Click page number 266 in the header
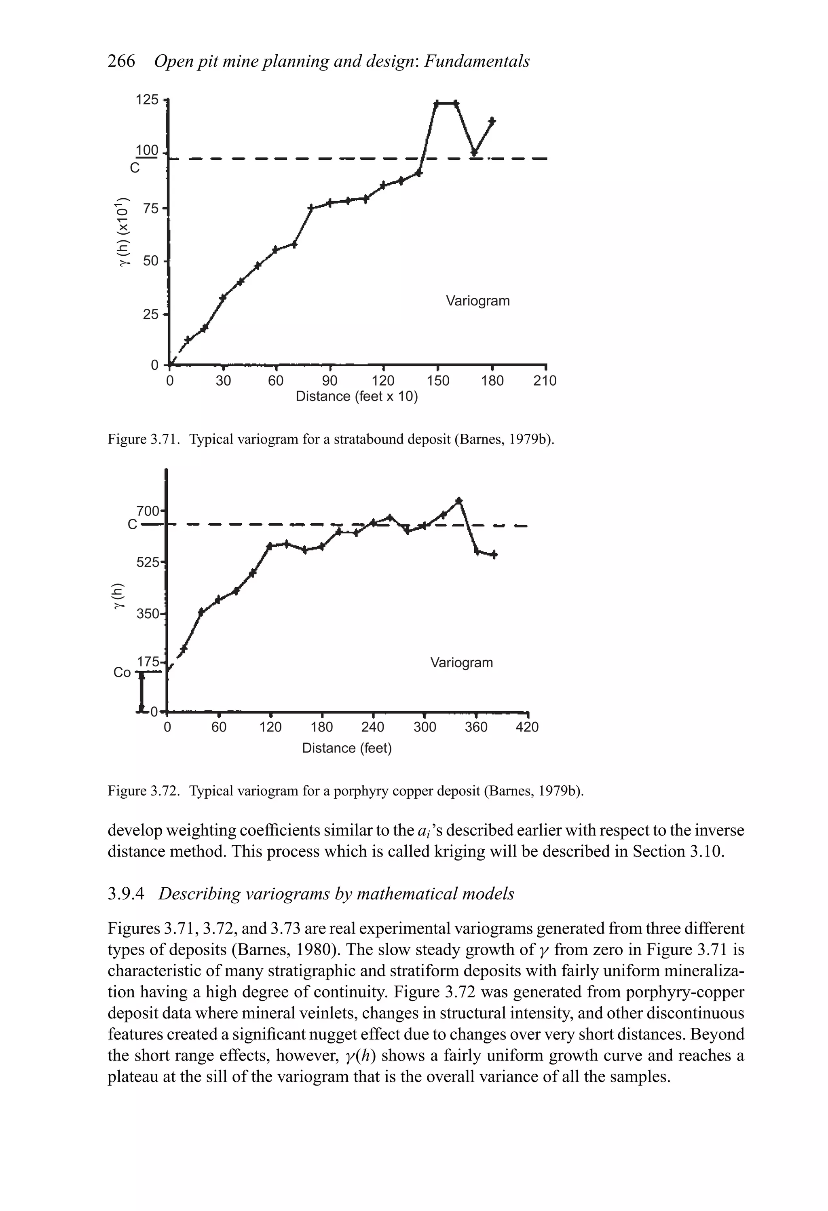pyautogui.click(x=121, y=62)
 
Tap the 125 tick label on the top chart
pyautogui.click(x=146, y=100)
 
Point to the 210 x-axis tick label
pyautogui.click(x=545, y=381)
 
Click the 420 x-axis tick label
pyautogui.click(x=527, y=727)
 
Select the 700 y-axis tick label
pyautogui.click(x=148, y=511)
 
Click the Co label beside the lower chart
pyautogui.click(x=122, y=673)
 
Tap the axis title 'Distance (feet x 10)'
pyautogui.click(x=357, y=397)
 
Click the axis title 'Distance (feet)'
pyautogui.click(x=347, y=748)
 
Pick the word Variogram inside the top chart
pyautogui.click(x=477, y=301)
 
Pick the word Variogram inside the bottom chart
pyautogui.click(x=461, y=663)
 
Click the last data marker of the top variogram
pyautogui.click(x=492, y=121)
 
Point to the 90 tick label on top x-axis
pyautogui.click(x=329, y=381)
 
